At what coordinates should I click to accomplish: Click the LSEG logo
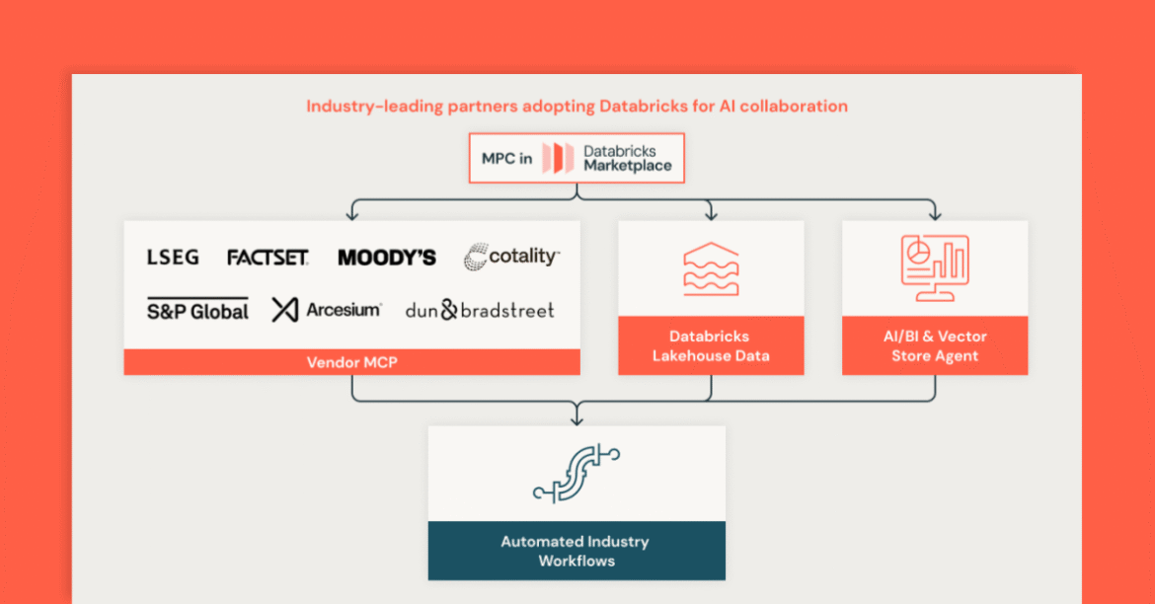[x=173, y=258]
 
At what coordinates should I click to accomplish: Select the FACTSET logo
[x=268, y=258]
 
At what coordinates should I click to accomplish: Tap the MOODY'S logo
[x=387, y=258]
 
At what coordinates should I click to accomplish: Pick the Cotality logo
[x=511, y=257]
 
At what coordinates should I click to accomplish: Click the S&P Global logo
[x=197, y=310]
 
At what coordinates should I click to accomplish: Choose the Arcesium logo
[x=327, y=310]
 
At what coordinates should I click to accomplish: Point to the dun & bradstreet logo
[x=480, y=310]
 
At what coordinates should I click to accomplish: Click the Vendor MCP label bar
[x=351, y=362]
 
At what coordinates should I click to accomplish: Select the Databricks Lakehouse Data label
[x=711, y=346]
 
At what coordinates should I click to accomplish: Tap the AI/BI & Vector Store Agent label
[x=934, y=346]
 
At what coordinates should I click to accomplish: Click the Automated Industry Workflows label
[x=576, y=551]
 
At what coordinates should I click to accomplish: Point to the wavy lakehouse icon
[x=711, y=268]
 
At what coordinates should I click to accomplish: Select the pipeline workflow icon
[x=577, y=474]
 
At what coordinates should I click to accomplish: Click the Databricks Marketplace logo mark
[x=558, y=159]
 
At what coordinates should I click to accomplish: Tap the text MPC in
[x=506, y=159]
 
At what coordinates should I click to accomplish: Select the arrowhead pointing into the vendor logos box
[x=352, y=214]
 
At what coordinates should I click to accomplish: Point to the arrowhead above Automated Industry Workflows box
[x=577, y=419]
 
